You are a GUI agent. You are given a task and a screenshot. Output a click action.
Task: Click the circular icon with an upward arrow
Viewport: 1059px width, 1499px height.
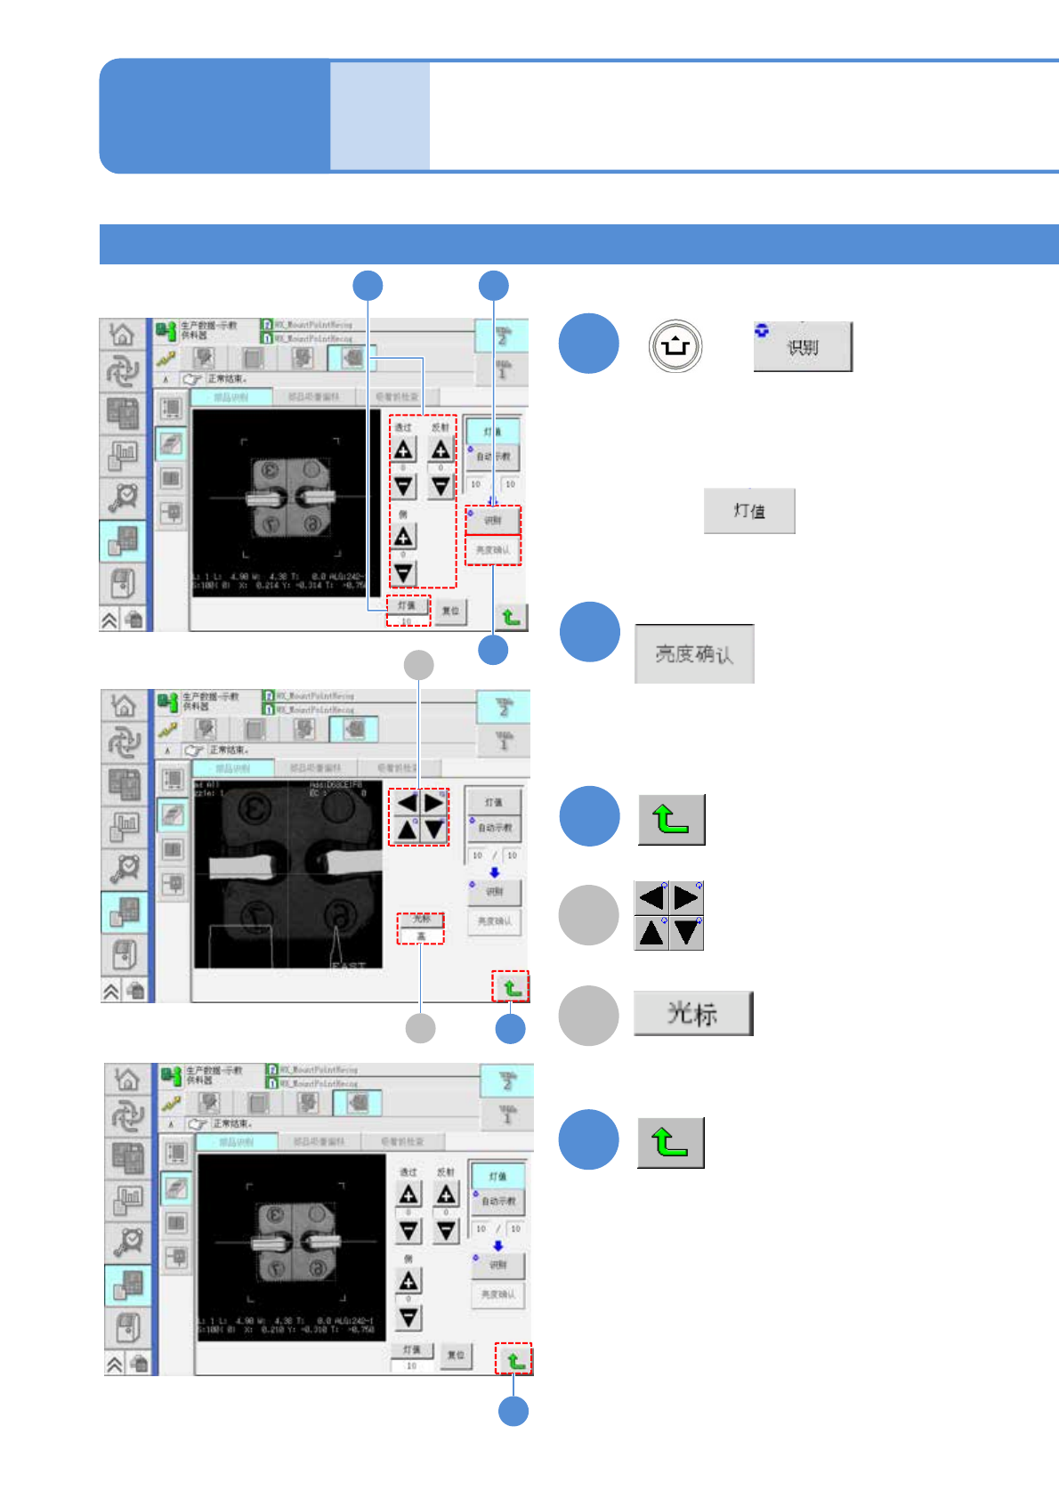pyautogui.click(x=675, y=346)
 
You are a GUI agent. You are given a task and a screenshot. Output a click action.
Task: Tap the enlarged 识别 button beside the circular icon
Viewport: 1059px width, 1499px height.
pyautogui.click(x=803, y=347)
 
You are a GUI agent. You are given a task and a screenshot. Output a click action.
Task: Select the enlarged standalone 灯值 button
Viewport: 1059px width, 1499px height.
pyautogui.click(x=749, y=511)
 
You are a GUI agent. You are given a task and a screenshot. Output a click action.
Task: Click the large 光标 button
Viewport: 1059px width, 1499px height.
pyautogui.click(x=693, y=1013)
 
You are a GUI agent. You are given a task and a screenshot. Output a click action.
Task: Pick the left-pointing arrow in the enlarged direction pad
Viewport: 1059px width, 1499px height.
pyautogui.click(x=651, y=897)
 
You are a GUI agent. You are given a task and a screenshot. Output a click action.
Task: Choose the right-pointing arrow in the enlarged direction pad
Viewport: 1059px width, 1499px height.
pyautogui.click(x=686, y=897)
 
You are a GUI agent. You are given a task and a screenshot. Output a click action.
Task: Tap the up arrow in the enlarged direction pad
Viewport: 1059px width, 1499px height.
pyautogui.click(x=651, y=933)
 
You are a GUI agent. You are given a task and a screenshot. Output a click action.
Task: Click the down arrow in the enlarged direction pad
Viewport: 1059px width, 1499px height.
pyautogui.click(x=686, y=933)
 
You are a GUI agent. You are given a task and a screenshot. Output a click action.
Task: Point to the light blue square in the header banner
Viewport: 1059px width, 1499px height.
pyautogui.click(x=380, y=116)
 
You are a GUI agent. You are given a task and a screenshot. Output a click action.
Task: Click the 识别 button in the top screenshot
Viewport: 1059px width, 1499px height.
pyautogui.click(x=493, y=521)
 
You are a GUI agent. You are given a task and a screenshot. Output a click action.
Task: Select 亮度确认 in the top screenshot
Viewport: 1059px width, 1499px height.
pyautogui.click(x=493, y=550)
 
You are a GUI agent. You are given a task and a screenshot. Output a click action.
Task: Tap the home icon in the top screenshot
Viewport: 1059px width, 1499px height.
pyautogui.click(x=122, y=335)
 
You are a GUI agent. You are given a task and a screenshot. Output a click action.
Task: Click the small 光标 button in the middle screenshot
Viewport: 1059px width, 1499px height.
pyautogui.click(x=421, y=919)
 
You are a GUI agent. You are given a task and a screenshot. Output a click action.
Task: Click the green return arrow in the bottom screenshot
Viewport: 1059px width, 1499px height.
pyautogui.click(x=514, y=1360)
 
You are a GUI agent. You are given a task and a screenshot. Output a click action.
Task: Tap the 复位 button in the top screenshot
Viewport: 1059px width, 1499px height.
pyautogui.click(x=452, y=611)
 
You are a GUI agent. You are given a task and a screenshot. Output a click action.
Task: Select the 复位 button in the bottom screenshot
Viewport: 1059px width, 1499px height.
pyautogui.click(x=456, y=1355)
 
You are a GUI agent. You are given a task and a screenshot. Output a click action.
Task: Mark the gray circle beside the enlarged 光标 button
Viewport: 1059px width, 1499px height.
pyautogui.click(x=588, y=1015)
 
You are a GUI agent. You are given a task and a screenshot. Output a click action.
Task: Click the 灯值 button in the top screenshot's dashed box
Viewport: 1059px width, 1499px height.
pyautogui.click(x=407, y=605)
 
